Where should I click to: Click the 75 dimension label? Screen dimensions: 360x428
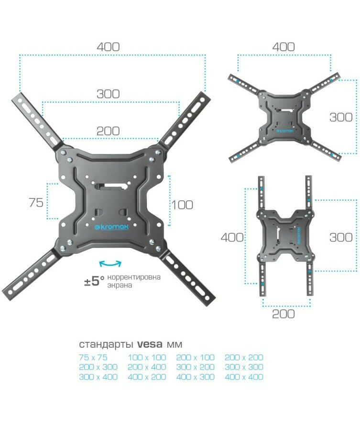36,203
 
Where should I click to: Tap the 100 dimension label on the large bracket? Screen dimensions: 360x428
182,205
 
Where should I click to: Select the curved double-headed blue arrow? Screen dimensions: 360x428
110,263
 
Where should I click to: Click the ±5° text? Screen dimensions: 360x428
95,281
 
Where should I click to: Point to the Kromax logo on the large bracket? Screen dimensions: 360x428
111,227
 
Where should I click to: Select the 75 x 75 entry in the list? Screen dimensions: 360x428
93,357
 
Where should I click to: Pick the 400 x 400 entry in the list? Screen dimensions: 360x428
244,377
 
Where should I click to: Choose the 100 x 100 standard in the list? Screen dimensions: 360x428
147,357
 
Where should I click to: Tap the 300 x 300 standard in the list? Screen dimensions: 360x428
244,367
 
